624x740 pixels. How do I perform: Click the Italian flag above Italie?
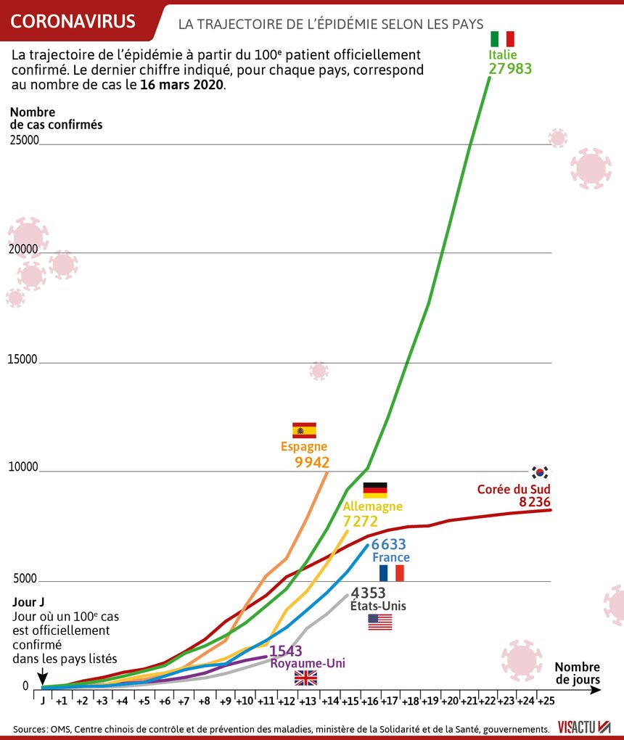pyautogui.click(x=502, y=38)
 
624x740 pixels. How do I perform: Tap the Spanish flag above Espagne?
pyautogui.click(x=304, y=430)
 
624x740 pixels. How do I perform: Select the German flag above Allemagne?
pyautogui.click(x=375, y=490)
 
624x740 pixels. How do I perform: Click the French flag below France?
pyautogui.click(x=392, y=573)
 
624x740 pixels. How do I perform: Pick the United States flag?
pyautogui.click(x=380, y=622)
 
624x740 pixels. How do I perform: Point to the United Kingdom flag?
pyautogui.click(x=306, y=678)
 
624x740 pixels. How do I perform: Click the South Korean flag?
pyautogui.click(x=540, y=472)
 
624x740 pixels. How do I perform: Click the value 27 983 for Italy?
pyautogui.click(x=510, y=69)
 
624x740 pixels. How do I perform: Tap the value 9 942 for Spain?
pyautogui.click(x=312, y=463)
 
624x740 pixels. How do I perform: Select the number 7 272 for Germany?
pyautogui.click(x=361, y=522)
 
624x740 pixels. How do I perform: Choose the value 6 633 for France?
pyautogui.click(x=388, y=545)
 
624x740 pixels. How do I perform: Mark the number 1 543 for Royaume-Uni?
pyautogui.click(x=286, y=651)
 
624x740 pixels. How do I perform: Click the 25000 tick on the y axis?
pyautogui.click(x=24, y=140)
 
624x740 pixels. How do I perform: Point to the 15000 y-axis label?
pyautogui.click(x=22, y=359)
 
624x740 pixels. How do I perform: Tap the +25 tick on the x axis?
pyautogui.click(x=546, y=701)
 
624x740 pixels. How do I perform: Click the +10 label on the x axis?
pyautogui.click(x=245, y=701)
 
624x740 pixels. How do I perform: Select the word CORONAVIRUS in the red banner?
pyautogui.click(x=73, y=21)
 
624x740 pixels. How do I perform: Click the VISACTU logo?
pyautogui.click(x=584, y=727)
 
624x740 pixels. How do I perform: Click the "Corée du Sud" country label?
pyautogui.click(x=514, y=489)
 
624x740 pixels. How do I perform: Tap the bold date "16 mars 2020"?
pyautogui.click(x=181, y=85)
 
